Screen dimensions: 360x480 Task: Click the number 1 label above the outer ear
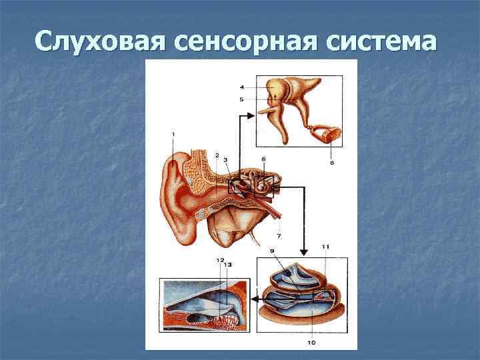[x=173, y=135]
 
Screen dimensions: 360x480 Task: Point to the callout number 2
[x=217, y=155]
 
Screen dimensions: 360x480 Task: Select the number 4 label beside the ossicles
[x=241, y=86]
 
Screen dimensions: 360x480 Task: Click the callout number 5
[x=241, y=99]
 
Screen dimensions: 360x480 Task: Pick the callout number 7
[x=279, y=236]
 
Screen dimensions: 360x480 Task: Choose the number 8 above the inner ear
[x=263, y=159]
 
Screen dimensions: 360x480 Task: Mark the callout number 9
[x=272, y=251]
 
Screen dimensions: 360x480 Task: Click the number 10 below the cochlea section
[x=311, y=343]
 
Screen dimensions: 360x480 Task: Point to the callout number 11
[x=326, y=247]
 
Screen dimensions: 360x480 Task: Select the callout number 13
[x=227, y=265]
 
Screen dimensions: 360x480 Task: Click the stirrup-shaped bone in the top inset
[x=327, y=133]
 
